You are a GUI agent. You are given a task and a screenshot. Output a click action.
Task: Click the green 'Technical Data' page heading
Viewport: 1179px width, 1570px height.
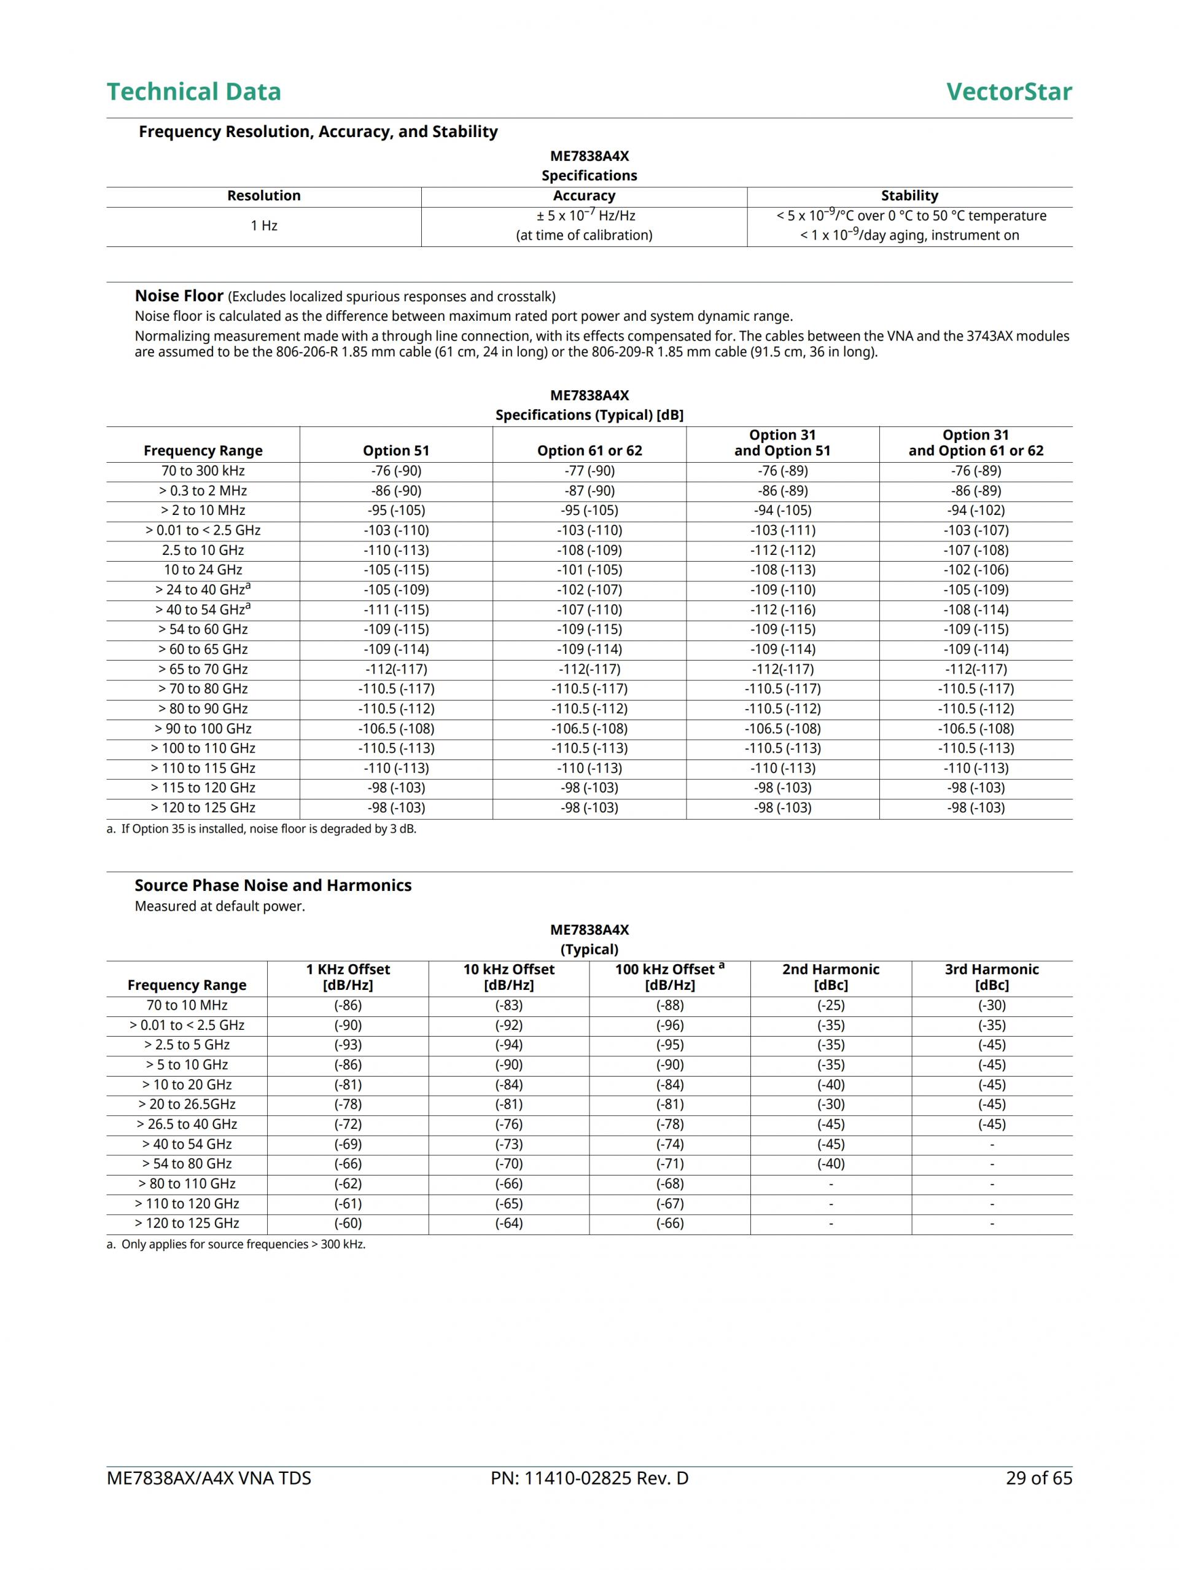193,92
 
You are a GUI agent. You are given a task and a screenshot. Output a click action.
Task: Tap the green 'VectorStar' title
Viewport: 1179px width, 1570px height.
1008,92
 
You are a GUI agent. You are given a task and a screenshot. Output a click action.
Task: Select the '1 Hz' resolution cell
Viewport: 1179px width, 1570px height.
263,226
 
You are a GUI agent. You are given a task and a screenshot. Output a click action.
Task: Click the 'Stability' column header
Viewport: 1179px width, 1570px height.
909,196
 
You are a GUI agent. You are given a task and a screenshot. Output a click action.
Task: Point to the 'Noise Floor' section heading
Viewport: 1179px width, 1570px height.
179,296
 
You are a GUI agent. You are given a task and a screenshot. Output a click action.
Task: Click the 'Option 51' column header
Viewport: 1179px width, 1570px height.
396,450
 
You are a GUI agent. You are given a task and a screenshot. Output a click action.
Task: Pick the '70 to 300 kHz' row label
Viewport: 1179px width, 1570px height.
203,471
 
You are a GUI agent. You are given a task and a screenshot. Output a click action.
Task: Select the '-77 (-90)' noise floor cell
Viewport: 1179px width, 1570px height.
589,471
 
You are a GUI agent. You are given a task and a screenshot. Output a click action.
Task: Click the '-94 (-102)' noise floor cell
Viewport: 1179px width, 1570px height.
975,510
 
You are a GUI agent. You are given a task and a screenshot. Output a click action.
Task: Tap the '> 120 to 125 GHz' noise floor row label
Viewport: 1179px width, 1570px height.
203,807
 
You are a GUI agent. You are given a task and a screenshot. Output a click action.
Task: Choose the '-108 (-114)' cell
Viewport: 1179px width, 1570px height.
975,610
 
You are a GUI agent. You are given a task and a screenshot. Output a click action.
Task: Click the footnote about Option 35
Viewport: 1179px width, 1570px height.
261,829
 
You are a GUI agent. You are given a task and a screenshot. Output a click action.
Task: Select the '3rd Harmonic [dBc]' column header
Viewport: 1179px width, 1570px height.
991,978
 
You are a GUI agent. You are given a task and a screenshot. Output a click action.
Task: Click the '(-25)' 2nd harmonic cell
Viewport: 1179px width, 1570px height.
831,1005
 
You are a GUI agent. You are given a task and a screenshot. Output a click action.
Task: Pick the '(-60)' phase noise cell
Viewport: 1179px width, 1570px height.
348,1223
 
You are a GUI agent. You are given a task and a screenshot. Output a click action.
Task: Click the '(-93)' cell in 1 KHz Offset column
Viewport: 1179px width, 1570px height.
348,1045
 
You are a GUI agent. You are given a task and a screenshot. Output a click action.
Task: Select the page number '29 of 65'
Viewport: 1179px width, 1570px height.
1038,1478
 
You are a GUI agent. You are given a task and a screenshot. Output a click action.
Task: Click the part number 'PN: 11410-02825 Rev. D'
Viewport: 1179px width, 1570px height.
589,1478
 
